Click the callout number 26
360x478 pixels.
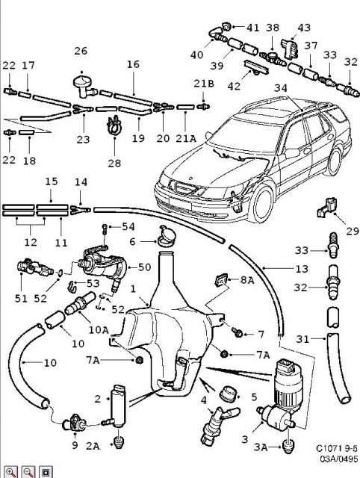tap(81, 51)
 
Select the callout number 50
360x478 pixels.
tap(144, 267)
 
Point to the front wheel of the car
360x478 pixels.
tap(262, 203)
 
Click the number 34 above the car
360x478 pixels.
tap(280, 88)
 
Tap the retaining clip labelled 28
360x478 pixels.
tap(114, 125)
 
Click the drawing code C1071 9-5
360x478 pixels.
tap(337, 448)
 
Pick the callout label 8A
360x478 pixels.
tap(247, 280)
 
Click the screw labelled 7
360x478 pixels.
tap(238, 332)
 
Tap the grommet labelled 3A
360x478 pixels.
tap(288, 446)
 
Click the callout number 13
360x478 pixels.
tap(302, 269)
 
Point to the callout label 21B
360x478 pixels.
tap(204, 84)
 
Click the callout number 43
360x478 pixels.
tap(304, 28)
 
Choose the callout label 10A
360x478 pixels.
tap(99, 330)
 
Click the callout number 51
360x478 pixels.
tap(21, 298)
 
